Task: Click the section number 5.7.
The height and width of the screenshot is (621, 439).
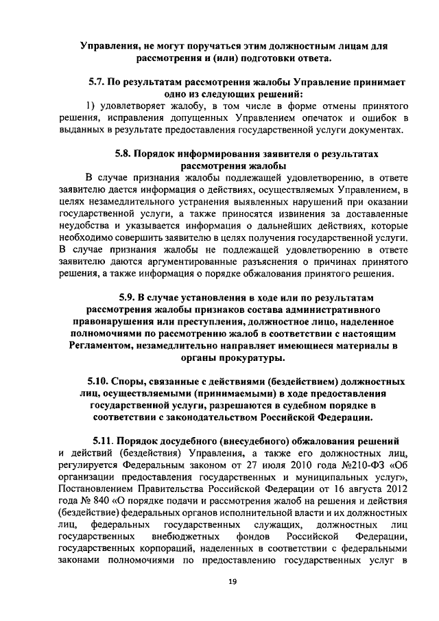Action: (97, 82)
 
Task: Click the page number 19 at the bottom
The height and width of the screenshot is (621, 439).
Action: (232, 582)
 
